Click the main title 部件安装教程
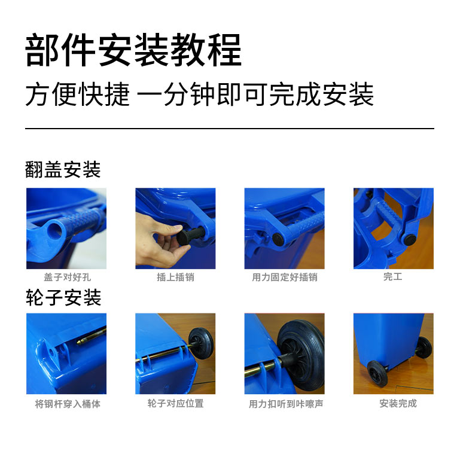pyautogui.click(x=133, y=51)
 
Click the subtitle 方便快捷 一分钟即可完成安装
pyautogui.click(x=199, y=95)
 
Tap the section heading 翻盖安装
pyautogui.click(x=63, y=170)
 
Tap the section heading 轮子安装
pyautogui.click(x=63, y=297)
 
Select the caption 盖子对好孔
pyautogui.click(x=67, y=278)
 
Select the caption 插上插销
pyautogui.click(x=175, y=278)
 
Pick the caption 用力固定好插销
pyautogui.click(x=284, y=278)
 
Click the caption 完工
pyautogui.click(x=393, y=277)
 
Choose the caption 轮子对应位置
pyautogui.click(x=175, y=404)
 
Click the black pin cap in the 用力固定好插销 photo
pyautogui.click(x=279, y=239)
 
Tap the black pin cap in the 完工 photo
pyautogui.click(x=410, y=240)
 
